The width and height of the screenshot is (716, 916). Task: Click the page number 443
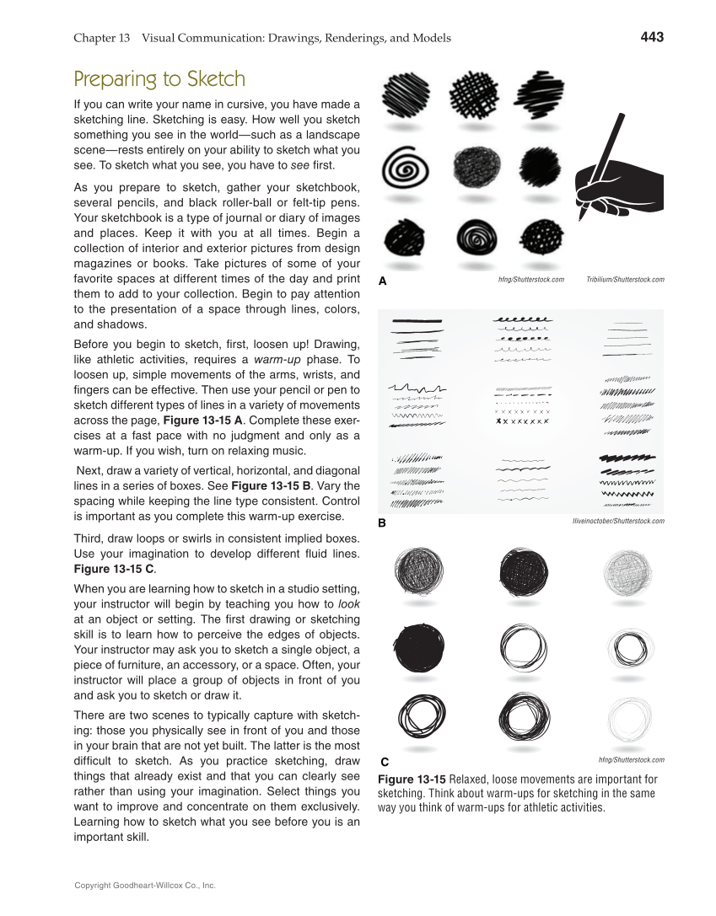tap(651, 37)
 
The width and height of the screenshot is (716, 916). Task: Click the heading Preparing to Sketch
tap(159, 79)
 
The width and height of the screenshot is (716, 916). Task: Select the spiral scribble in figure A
tap(401, 169)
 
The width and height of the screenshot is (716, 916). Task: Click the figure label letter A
tap(382, 282)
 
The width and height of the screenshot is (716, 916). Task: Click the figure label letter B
tap(382, 523)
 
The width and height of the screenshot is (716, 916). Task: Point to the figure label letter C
tap(385, 762)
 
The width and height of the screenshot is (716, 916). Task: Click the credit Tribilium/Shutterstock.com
tap(624, 280)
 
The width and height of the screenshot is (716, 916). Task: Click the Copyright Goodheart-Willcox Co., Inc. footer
tap(145, 886)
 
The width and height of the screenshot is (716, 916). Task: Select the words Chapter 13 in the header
tap(101, 38)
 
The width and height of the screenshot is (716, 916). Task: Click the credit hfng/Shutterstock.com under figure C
tap(631, 760)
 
